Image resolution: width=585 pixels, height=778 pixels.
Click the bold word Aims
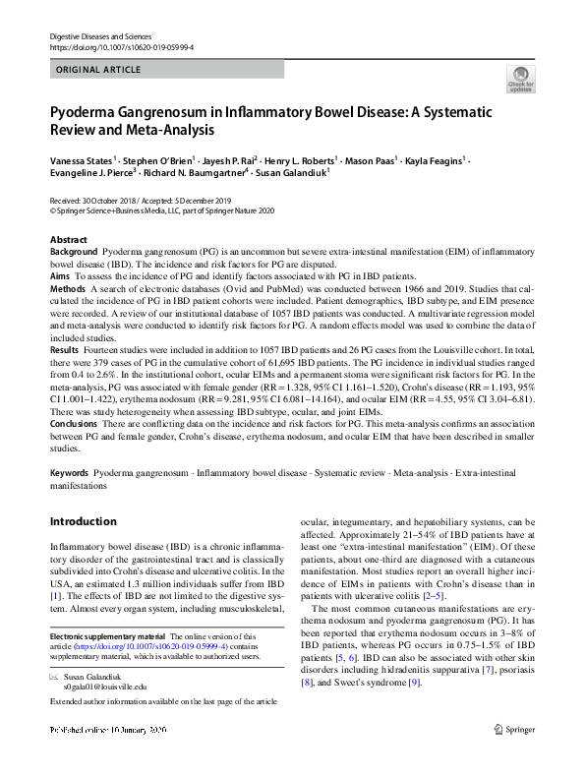point(61,275)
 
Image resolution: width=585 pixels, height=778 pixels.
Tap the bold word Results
point(65,350)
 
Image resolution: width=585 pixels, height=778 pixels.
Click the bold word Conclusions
point(76,424)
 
